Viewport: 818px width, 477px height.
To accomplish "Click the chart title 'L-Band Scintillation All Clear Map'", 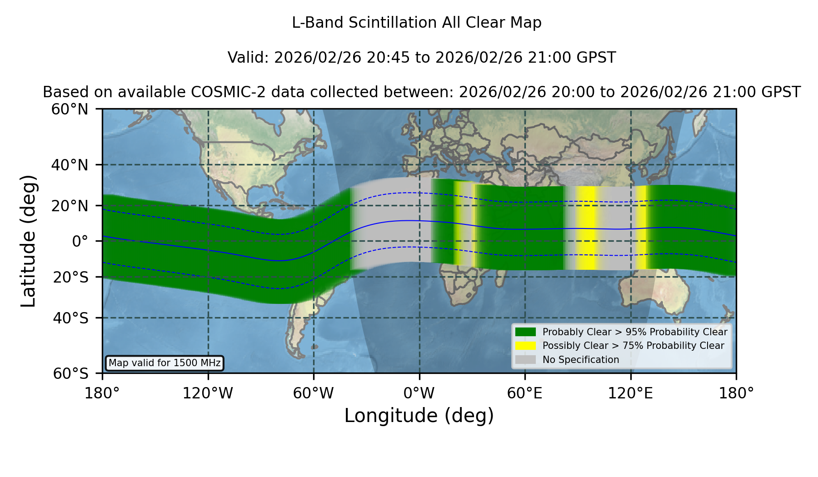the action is coord(416,23).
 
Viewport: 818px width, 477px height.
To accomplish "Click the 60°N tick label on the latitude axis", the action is coord(70,109).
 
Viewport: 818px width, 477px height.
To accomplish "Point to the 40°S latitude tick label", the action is coord(70,318).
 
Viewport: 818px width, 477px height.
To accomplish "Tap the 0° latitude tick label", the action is coord(80,241).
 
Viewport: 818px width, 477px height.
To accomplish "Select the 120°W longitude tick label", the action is coord(208,393).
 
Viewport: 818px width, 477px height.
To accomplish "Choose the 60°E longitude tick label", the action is coord(525,393).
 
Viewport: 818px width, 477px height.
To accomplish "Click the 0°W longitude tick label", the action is coord(419,393).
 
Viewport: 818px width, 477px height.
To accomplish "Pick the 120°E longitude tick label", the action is coord(630,393).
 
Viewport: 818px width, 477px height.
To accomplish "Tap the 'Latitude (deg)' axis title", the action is coord(28,241).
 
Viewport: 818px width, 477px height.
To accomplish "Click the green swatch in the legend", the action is coord(525,332).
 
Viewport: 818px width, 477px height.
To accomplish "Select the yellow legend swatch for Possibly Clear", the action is coord(525,346).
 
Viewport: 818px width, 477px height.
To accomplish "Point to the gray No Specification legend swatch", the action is coord(525,360).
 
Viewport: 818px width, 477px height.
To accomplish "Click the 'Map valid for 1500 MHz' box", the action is coord(165,363).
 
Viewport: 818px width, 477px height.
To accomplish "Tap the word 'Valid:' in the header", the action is coord(249,58).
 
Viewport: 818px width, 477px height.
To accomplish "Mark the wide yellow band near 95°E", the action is coord(588,228).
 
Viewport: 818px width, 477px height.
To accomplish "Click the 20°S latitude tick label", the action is coord(70,277).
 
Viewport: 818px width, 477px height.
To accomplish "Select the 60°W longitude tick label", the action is coord(314,393).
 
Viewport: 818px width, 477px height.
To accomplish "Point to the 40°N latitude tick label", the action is coord(70,165).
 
